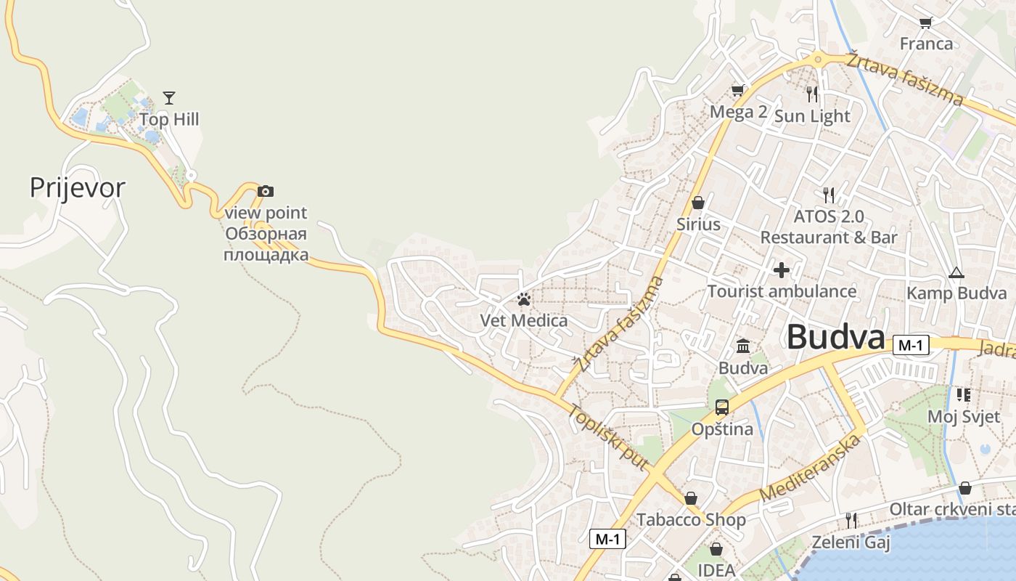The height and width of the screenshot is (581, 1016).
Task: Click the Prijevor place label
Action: pyautogui.click(x=77, y=187)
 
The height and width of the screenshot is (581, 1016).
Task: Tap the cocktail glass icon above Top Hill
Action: pyautogui.click(x=169, y=97)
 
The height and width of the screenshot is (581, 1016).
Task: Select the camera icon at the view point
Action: pyautogui.click(x=266, y=191)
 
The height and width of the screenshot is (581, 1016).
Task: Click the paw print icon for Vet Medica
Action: pyautogui.click(x=524, y=298)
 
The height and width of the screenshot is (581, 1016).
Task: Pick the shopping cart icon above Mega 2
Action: pyautogui.click(x=738, y=91)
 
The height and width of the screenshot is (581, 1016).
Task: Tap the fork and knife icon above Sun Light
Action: pyautogui.click(x=812, y=94)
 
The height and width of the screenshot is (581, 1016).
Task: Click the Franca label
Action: pyautogui.click(x=926, y=44)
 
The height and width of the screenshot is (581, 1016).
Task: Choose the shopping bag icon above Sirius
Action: pyautogui.click(x=698, y=203)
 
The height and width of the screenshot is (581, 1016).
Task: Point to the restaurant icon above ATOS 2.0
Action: pyautogui.click(x=829, y=195)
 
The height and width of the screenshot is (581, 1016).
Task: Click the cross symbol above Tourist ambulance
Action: pyautogui.click(x=782, y=270)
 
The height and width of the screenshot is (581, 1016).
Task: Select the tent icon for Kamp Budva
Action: pyautogui.click(x=956, y=273)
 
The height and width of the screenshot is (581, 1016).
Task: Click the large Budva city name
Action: pyautogui.click(x=836, y=338)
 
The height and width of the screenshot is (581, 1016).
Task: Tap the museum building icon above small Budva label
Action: pyautogui.click(x=743, y=346)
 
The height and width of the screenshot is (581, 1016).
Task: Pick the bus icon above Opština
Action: pyautogui.click(x=721, y=407)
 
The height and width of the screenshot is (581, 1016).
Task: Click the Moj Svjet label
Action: pyautogui.click(x=964, y=416)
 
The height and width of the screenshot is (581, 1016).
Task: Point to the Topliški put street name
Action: pyautogui.click(x=607, y=436)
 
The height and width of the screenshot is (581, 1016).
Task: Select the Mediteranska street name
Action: pyautogui.click(x=811, y=468)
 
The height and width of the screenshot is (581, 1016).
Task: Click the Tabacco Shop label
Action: pyautogui.click(x=691, y=519)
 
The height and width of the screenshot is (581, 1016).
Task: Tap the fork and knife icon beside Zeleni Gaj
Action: pyautogui.click(x=851, y=520)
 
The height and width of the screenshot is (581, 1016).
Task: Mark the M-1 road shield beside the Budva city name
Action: pyautogui.click(x=910, y=345)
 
